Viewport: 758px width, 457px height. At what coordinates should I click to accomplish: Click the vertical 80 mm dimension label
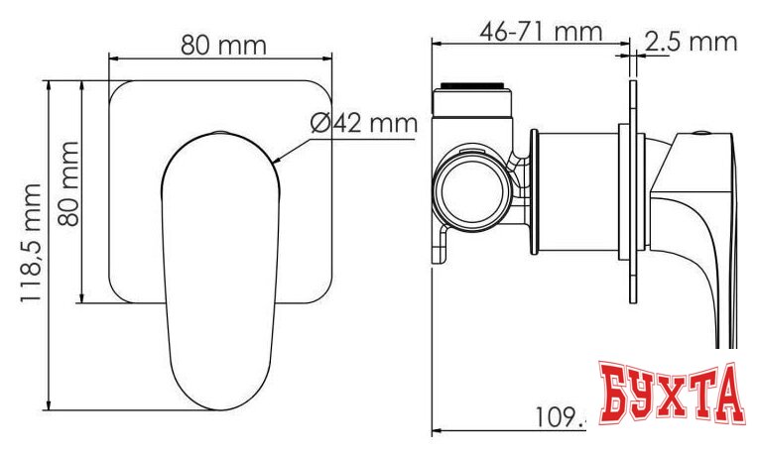[x=68, y=184]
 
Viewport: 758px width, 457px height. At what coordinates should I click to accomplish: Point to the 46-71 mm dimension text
[x=541, y=32]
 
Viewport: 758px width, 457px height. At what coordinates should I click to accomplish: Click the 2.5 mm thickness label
[x=691, y=41]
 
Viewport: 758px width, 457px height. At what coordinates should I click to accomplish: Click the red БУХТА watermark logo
[x=670, y=393]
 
